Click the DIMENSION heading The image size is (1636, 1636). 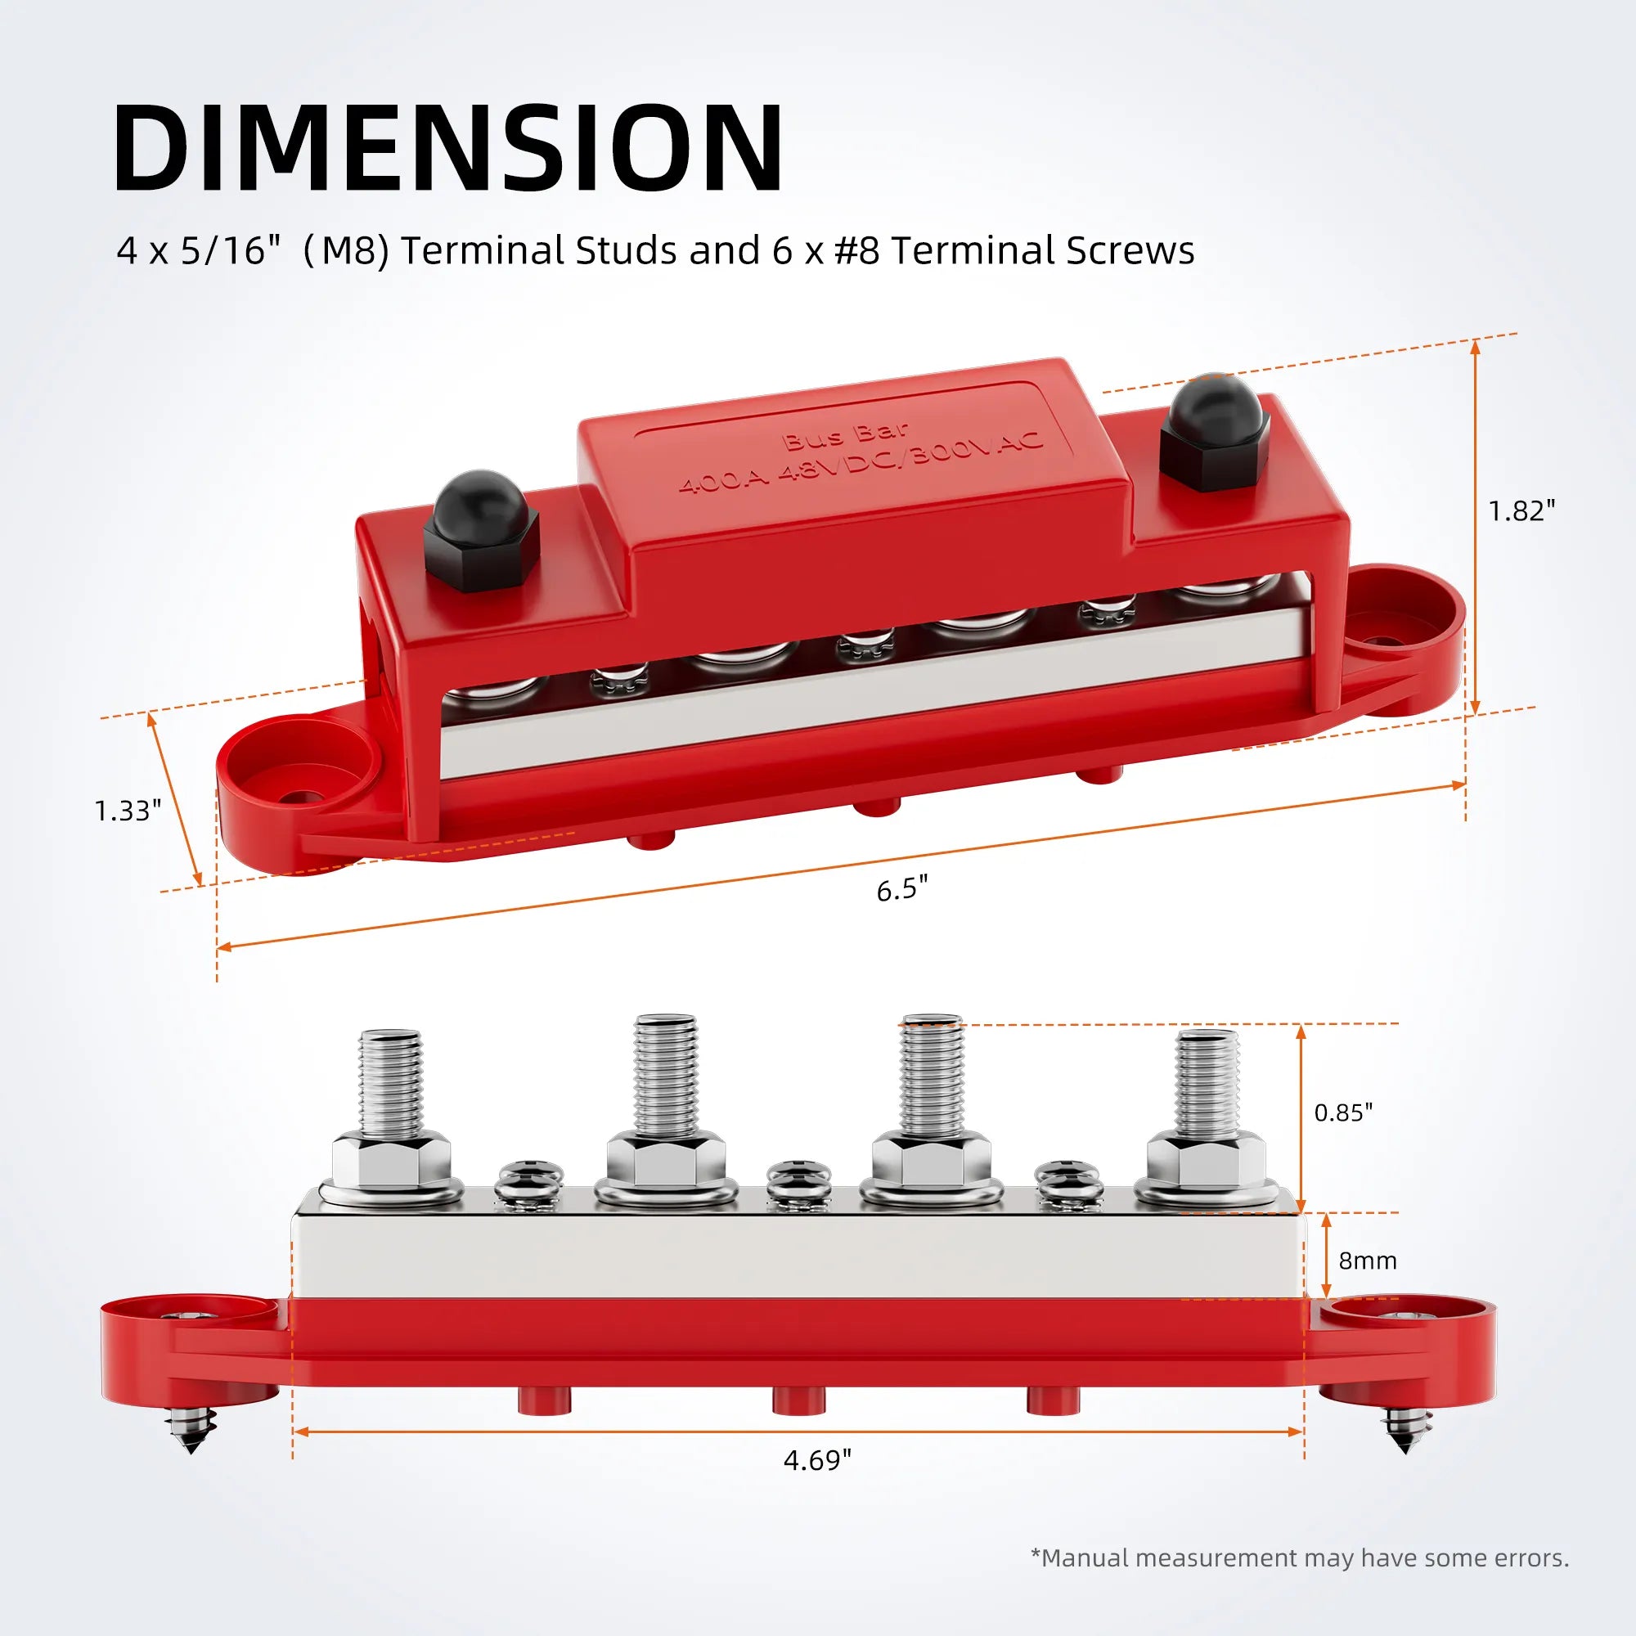point(448,147)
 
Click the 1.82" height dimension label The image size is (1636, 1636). point(1521,511)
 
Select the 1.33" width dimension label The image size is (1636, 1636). point(127,811)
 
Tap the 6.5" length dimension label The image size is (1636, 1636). point(901,890)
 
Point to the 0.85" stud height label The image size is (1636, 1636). point(1343,1112)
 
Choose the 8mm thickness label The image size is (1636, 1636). point(1367,1261)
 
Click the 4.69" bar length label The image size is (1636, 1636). point(817,1461)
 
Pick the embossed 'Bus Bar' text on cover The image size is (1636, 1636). point(844,435)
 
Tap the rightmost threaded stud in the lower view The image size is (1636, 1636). point(1207,1084)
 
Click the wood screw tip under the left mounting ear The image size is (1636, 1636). point(192,1436)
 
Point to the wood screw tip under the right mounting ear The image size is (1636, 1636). point(1405,1436)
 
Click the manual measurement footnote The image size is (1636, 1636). point(1299,1558)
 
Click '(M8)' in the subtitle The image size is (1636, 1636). point(345,251)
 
